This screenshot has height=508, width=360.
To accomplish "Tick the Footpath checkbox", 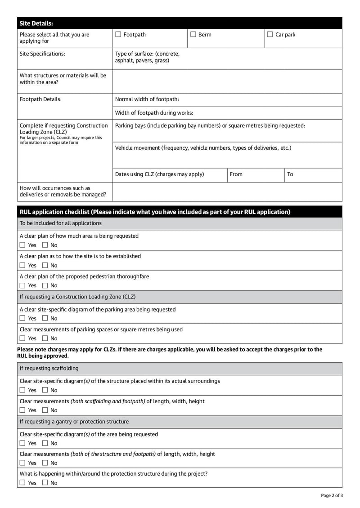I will coord(118,35).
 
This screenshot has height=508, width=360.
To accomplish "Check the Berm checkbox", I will coord(193,35).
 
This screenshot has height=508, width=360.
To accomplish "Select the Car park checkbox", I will coord(270,35).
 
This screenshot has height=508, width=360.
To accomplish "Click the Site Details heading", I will coord(36,23).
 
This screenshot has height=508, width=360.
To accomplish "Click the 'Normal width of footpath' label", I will coord(147,99).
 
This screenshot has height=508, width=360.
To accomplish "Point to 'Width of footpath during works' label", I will coord(154,113).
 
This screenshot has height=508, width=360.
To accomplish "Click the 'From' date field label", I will coord(236,174).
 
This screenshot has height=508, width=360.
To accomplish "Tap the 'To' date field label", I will coord(290,174).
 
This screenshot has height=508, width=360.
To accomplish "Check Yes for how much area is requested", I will coord(22,245).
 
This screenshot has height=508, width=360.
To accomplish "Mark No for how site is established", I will coord(45,266).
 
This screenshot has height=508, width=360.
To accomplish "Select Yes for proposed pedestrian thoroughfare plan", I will coord(22,285).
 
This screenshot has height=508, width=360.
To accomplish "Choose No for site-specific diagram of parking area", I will coord(45,319).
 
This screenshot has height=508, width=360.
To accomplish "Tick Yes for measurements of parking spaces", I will coord(22,339).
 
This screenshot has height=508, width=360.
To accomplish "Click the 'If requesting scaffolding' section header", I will coord(49,369).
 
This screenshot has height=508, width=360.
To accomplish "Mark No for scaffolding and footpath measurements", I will coord(45,410).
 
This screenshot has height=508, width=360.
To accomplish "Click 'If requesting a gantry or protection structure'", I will coord(74,422).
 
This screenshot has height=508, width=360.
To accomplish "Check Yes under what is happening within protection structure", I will coord(22,483).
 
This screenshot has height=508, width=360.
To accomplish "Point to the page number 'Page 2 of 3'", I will coord(332,496).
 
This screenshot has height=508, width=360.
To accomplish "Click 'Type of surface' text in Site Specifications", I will coord(147,57).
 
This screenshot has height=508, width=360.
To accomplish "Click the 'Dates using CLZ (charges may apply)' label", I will coord(159,174).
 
